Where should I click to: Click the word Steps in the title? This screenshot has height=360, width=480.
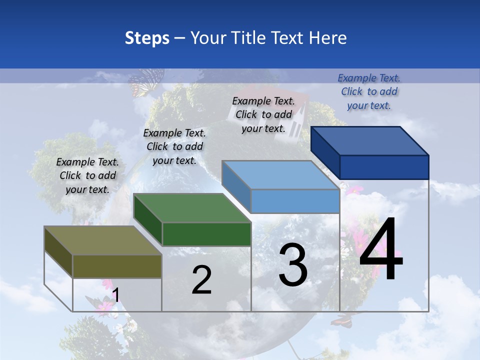click(x=147, y=38)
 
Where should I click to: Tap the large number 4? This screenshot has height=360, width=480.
click(x=381, y=249)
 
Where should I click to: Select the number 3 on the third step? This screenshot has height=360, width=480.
click(x=293, y=265)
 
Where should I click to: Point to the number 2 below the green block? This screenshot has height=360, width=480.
click(x=201, y=280)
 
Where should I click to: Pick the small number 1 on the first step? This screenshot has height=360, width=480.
click(x=115, y=295)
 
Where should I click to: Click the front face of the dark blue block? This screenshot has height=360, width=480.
click(x=384, y=167)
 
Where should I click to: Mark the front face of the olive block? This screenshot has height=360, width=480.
click(x=117, y=266)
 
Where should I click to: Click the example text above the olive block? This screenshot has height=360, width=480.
click(x=87, y=175)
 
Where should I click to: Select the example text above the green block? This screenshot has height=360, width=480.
click(x=174, y=146)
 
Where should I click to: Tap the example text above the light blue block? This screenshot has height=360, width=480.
click(x=263, y=114)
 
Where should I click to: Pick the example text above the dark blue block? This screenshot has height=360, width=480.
click(x=369, y=91)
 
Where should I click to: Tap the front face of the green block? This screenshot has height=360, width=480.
click(x=206, y=234)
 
